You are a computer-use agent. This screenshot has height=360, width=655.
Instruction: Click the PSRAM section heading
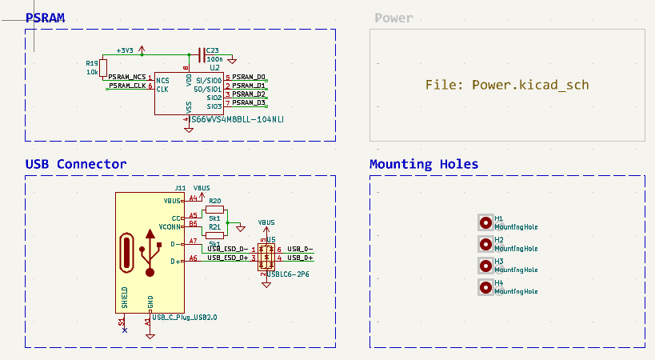tap(45, 18)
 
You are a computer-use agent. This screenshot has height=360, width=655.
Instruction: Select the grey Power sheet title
tap(393, 18)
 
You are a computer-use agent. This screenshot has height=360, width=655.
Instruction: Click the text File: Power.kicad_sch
tap(507, 85)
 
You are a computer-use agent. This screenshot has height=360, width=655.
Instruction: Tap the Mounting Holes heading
tap(424, 164)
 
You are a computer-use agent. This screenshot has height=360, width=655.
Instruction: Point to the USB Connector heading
tap(76, 164)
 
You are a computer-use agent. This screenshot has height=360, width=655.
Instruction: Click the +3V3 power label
tap(126, 50)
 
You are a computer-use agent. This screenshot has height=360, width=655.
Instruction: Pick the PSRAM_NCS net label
tap(127, 76)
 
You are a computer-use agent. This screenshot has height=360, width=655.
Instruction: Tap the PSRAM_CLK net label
tap(127, 86)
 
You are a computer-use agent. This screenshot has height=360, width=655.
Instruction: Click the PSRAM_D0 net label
tap(249, 77)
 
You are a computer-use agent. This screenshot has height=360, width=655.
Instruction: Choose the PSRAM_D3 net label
tap(249, 103)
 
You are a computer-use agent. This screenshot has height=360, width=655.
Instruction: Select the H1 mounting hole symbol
tap(485, 222)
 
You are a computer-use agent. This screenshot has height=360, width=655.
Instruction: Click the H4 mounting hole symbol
tap(485, 287)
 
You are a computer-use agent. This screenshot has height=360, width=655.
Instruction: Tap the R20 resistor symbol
tap(214, 210)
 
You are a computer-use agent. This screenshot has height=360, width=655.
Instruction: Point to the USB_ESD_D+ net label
tap(228, 258)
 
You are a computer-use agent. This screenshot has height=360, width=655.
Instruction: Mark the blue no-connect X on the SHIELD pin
tap(124, 330)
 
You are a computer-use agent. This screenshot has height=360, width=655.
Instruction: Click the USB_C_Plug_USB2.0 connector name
tap(184, 318)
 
